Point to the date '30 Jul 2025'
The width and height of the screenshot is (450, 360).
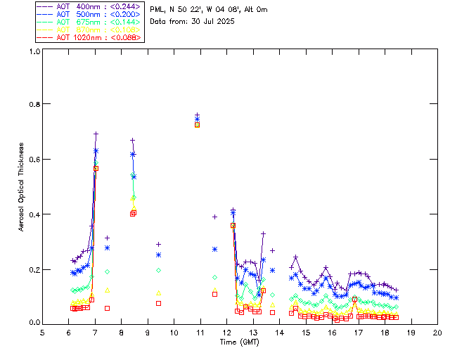210,21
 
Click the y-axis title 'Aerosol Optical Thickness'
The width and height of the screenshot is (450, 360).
22,186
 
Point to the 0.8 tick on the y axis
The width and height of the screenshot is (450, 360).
32,104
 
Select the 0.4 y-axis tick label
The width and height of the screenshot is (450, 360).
32,214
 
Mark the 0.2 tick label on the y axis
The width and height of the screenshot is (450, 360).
32,269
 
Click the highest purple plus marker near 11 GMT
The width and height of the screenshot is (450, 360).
198,114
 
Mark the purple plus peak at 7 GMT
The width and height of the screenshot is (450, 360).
96,134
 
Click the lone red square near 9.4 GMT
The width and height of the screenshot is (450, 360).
158,303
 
